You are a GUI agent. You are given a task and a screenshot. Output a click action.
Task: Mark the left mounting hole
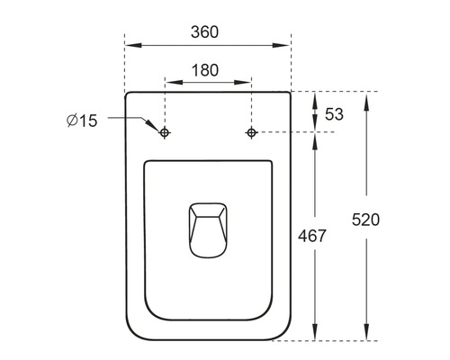[165, 133]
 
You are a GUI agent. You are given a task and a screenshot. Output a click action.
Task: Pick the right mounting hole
[251, 133]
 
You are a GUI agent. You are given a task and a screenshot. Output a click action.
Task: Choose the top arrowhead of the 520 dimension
[367, 96]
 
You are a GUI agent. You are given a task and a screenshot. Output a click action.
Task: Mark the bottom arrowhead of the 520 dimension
[367, 335]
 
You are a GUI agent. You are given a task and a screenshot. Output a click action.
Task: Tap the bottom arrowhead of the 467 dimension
[314, 335]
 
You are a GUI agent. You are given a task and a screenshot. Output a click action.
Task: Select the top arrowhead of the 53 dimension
[314, 96]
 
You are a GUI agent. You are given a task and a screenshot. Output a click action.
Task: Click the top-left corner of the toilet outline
[128, 94]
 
